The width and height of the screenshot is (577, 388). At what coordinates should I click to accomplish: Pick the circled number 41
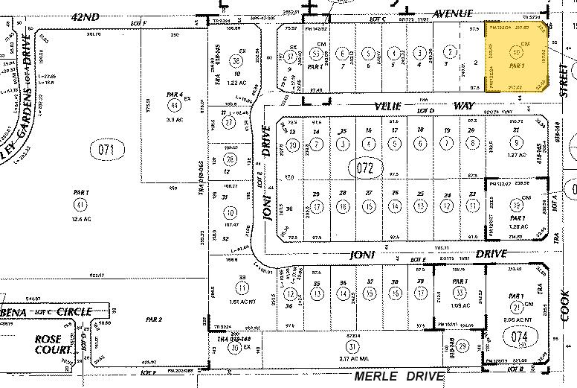[x=80, y=203]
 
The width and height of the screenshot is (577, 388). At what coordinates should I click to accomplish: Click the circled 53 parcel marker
[x=315, y=53]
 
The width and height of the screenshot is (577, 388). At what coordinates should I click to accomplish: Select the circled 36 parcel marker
[x=236, y=60]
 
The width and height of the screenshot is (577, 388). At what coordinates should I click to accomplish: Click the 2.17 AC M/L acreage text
[x=352, y=359]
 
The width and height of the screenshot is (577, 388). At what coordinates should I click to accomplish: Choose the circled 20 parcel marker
[x=294, y=144]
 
